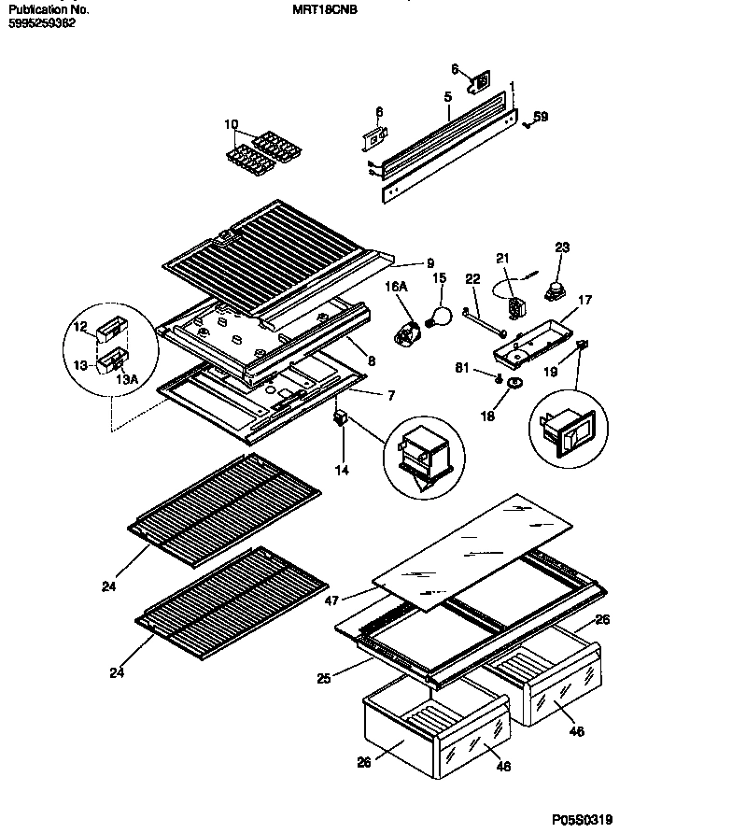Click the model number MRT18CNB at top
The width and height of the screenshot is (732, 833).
[327, 8]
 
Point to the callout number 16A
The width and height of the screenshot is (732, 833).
[398, 291]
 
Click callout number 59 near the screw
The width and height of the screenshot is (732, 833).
[541, 117]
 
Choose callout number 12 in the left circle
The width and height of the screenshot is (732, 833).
[80, 326]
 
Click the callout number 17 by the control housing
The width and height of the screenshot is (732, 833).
[584, 301]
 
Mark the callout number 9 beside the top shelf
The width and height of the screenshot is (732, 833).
[430, 262]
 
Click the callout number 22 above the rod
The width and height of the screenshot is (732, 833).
[472, 280]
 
